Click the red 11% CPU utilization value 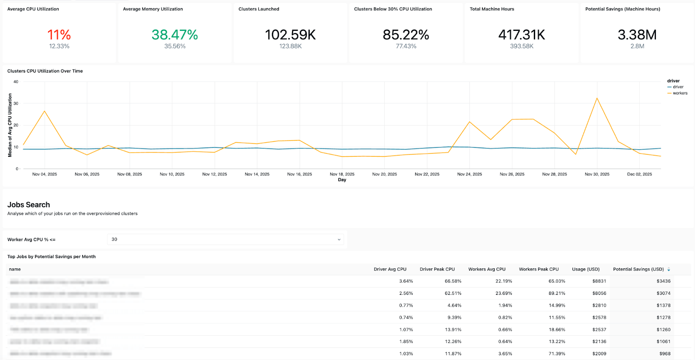coord(59,35)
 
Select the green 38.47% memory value coord(175,35)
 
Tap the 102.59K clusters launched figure coord(290,35)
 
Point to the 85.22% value coord(406,35)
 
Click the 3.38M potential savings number coord(637,35)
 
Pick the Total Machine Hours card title coord(492,9)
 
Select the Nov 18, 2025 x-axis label coord(342,174)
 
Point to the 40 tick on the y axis coord(16,82)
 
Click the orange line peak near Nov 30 coord(597,98)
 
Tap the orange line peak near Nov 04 coord(44,111)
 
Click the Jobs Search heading coord(29,205)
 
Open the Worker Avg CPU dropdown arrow coord(339,240)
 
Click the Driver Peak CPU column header coord(437,269)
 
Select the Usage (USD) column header coord(586,269)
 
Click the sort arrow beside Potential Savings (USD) coord(669,270)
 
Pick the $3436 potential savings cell coord(663,281)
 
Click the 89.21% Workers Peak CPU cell coord(557,294)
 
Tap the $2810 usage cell coord(599,306)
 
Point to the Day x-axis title coord(342,180)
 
